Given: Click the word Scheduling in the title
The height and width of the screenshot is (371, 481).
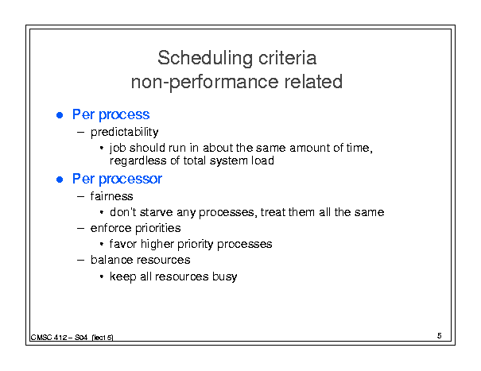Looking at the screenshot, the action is click(x=205, y=59).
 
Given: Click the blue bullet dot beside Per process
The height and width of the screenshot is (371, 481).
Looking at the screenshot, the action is click(x=60, y=115).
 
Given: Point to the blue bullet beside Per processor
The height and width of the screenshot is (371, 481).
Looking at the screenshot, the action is click(x=60, y=180).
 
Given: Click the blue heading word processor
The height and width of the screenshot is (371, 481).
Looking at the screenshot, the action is click(x=130, y=180).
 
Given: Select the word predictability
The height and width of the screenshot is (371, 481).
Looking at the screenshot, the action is click(x=125, y=132).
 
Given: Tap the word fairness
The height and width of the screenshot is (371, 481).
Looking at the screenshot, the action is click(x=111, y=196).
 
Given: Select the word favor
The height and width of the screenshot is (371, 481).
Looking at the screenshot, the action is click(x=123, y=244).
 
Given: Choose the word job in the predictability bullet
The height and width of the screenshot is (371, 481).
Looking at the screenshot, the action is click(x=118, y=148).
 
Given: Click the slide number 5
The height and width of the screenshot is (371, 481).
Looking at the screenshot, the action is click(x=440, y=336).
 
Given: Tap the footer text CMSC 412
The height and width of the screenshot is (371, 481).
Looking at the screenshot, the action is click(x=48, y=338).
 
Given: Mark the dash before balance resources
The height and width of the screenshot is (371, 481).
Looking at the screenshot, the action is click(x=80, y=261).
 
